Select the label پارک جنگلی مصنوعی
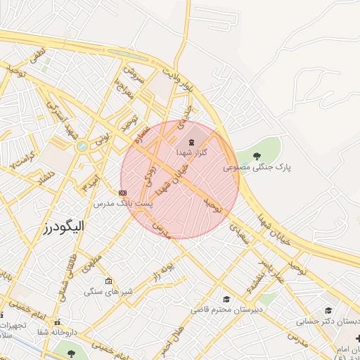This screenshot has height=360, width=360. coord(257,167)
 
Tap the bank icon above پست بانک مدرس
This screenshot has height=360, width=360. coord(123,192)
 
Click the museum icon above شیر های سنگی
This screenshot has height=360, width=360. coord(108,281)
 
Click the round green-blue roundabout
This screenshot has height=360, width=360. coord(82,146)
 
